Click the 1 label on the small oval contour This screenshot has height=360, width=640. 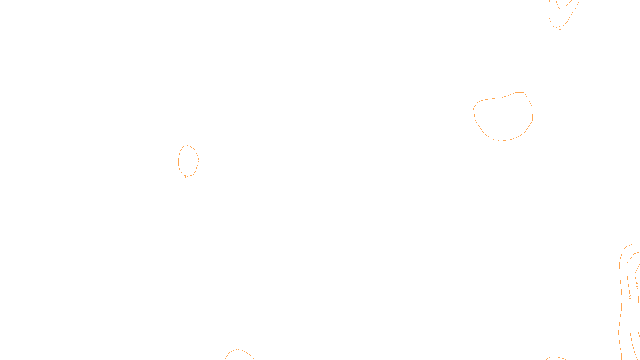185,177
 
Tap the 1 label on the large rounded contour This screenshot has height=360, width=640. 501,140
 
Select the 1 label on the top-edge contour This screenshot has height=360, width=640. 560,28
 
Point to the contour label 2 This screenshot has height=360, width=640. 630,297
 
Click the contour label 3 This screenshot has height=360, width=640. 637,286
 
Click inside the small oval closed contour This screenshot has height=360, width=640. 188,160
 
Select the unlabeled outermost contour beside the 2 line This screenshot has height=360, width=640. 621,304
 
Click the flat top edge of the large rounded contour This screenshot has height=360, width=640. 520,92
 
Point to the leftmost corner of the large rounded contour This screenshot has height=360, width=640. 474,108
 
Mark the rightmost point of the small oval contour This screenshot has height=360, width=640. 199,160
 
